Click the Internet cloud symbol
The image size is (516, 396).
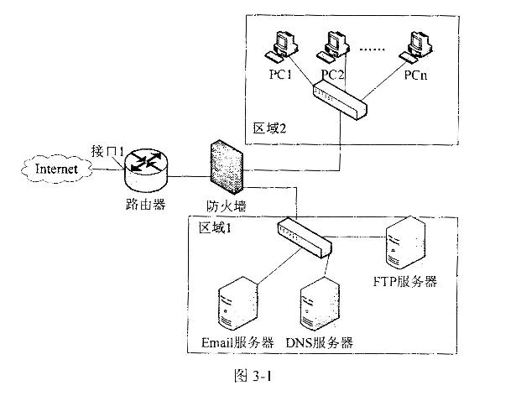pyautogui.click(x=54, y=170)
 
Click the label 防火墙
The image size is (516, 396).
pyautogui.click(x=226, y=205)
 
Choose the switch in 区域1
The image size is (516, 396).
pyautogui.click(x=305, y=237)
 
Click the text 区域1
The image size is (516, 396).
pyautogui.click(x=215, y=227)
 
